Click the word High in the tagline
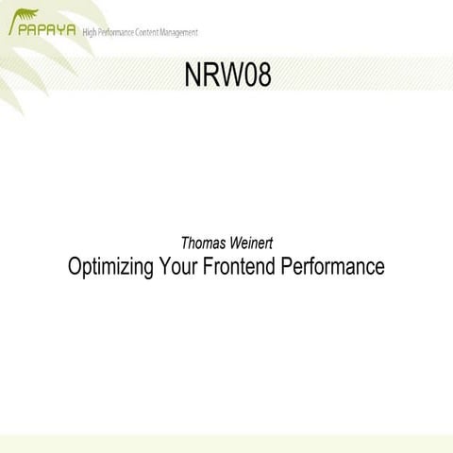(92, 33)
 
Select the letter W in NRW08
(231, 75)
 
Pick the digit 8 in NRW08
(263, 75)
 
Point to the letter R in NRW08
(212, 75)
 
